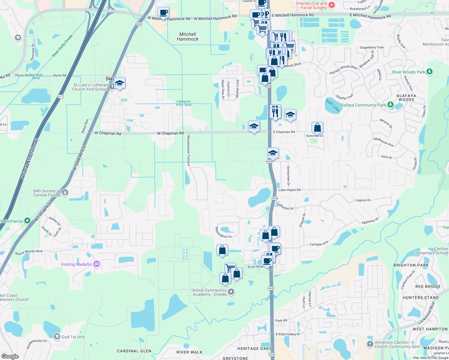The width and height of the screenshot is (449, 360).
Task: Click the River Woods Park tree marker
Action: pyautogui.click(x=429, y=71)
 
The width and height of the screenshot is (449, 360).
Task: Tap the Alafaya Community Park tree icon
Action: pyautogui.click(x=390, y=105)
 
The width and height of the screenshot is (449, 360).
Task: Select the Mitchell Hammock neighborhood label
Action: pyautogui.click(x=188, y=37)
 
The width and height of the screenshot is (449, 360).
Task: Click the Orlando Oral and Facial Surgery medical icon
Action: pyautogui.click(x=332, y=5)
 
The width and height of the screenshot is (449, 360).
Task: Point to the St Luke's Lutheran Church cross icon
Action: pyautogui.click(x=112, y=87)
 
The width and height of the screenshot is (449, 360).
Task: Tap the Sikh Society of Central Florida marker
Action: pyautogui.click(x=65, y=192)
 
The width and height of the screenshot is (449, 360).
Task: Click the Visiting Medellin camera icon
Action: pyautogui.click(x=96, y=264)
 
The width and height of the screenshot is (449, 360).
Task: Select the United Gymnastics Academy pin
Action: pyautogui.click(x=231, y=292)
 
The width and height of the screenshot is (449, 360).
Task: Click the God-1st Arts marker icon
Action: pyautogui.click(x=57, y=337)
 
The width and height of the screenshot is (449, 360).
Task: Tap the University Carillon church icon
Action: pyautogui.click(x=370, y=344)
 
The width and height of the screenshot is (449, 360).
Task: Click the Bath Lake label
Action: pyautogui.click(x=333, y=106)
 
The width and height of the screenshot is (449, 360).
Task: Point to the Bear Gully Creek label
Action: pyautogui.click(x=62, y=46)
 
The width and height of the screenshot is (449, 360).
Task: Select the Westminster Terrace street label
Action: pyautogui.click(x=188, y=151)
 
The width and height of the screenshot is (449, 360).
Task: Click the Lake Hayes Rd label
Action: pyautogui.click(x=289, y=190)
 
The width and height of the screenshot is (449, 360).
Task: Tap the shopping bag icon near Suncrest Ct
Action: pyautogui.click(x=317, y=127)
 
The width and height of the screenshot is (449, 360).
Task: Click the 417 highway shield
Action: pyautogui.click(x=61, y=97)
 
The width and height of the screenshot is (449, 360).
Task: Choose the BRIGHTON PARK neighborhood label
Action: pyautogui.click(x=411, y=265)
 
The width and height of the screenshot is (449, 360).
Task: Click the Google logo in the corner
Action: pyautogui.click(x=10, y=356)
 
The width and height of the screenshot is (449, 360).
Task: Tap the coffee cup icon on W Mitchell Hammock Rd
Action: pyautogui.click(x=163, y=13)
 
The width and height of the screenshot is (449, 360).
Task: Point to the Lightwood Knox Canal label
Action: pyautogui.click(x=183, y=103)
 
